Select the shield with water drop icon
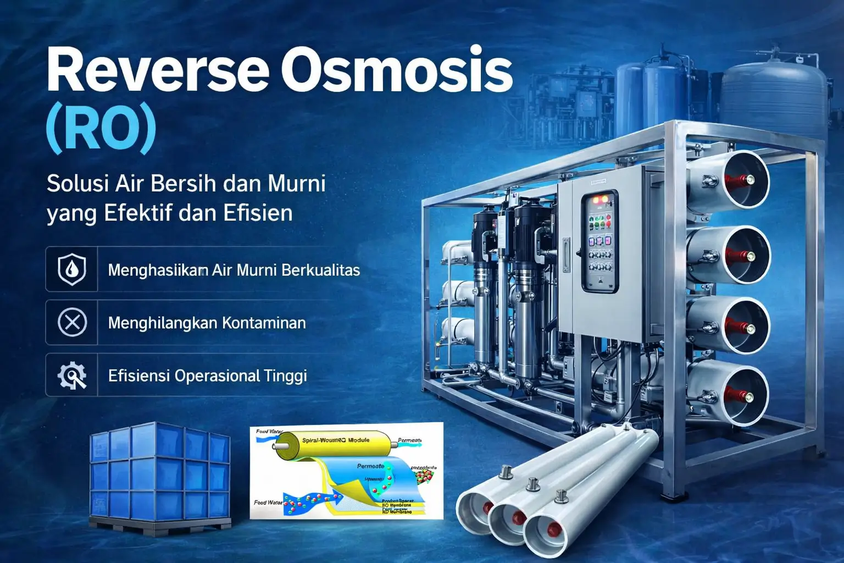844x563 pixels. [72, 269]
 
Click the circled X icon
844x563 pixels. [72, 322]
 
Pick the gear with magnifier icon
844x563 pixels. [72, 376]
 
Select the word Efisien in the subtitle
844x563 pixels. [258, 213]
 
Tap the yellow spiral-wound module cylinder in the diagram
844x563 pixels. [335, 443]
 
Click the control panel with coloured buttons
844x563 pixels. [599, 240]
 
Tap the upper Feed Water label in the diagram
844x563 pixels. [269, 432]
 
